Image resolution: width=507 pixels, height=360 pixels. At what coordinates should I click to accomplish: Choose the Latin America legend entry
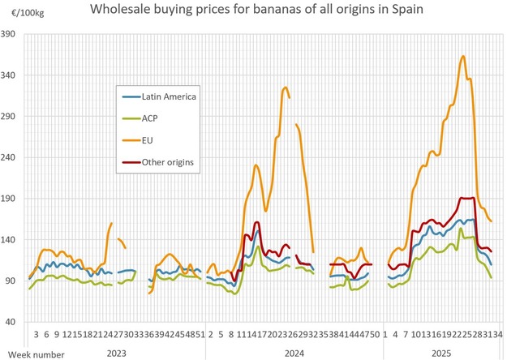tap(169, 96)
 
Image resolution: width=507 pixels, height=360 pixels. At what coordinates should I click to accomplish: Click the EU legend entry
tap(149, 140)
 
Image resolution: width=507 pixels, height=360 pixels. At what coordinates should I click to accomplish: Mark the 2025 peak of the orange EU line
tap(462, 56)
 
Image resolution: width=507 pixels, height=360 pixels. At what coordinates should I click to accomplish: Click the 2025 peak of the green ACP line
tap(462, 228)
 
